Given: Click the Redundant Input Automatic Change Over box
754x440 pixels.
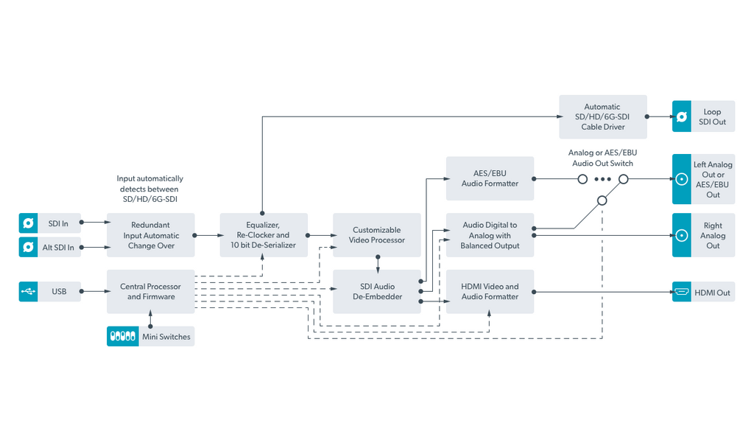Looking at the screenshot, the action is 150,235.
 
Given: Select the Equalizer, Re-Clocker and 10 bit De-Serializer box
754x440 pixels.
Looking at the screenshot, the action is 264,235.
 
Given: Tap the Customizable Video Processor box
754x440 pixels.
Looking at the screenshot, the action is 376,235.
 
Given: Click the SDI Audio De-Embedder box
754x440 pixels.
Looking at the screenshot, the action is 376,292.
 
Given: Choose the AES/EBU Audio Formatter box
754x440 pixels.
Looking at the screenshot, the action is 490,178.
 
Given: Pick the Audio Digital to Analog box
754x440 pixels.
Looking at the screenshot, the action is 490,235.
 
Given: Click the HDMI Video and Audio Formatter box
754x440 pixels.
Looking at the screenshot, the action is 490,292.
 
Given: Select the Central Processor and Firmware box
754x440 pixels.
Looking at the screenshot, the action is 150,292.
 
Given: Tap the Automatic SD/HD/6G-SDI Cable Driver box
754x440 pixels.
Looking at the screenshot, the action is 603,116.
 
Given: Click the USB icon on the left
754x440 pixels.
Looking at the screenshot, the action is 29,291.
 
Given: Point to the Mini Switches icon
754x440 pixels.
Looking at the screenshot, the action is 123,336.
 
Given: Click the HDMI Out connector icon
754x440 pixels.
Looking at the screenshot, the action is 681,292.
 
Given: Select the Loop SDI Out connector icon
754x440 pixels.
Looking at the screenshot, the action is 681,116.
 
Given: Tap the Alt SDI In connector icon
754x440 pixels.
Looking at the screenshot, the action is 29,247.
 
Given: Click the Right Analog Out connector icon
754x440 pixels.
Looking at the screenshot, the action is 681,235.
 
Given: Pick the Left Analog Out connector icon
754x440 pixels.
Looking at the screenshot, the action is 681,179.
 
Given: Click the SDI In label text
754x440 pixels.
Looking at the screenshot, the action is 58,223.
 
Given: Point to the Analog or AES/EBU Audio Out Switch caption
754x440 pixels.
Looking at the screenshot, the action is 602,158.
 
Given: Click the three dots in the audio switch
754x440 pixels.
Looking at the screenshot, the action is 602,179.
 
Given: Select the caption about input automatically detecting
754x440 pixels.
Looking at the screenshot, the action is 150,189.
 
